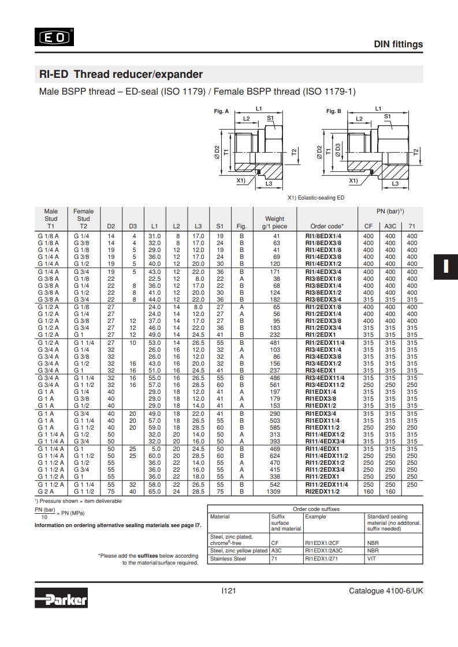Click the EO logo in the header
(54, 37)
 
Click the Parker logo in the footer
(61, 597)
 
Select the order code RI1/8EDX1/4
(323, 236)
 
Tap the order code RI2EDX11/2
(322, 491)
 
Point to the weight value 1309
(273, 491)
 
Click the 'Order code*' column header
(327, 226)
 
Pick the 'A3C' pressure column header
(390, 226)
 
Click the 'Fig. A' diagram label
(221, 111)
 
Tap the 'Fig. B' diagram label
(334, 111)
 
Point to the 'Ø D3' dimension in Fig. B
(338, 150)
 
